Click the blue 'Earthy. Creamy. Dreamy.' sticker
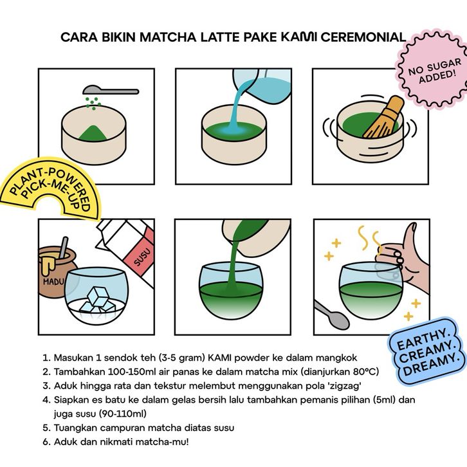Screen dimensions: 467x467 (426, 351)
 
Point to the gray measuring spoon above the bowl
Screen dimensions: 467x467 (111, 90)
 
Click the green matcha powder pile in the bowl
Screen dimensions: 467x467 (93, 133)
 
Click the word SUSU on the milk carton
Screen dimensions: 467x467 (143, 257)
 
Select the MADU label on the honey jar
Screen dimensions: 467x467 (53, 281)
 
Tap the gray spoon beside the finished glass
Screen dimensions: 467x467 (331, 315)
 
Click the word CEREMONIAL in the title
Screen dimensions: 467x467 (363, 37)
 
